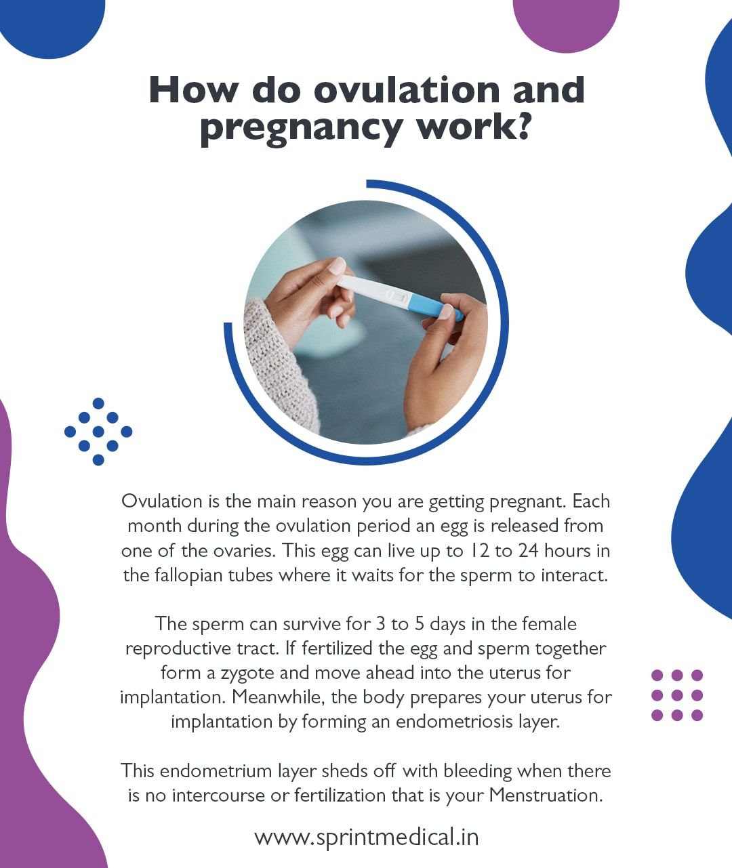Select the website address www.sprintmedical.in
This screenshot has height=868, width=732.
coord(366,837)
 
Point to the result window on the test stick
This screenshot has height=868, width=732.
coord(396,296)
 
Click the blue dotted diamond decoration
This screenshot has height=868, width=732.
coord(98,432)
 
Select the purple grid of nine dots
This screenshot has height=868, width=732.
coord(676,695)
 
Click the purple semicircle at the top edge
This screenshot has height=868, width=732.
coord(566,20)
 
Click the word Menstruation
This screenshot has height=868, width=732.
coord(546,795)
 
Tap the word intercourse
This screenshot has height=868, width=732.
coord(218,795)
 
